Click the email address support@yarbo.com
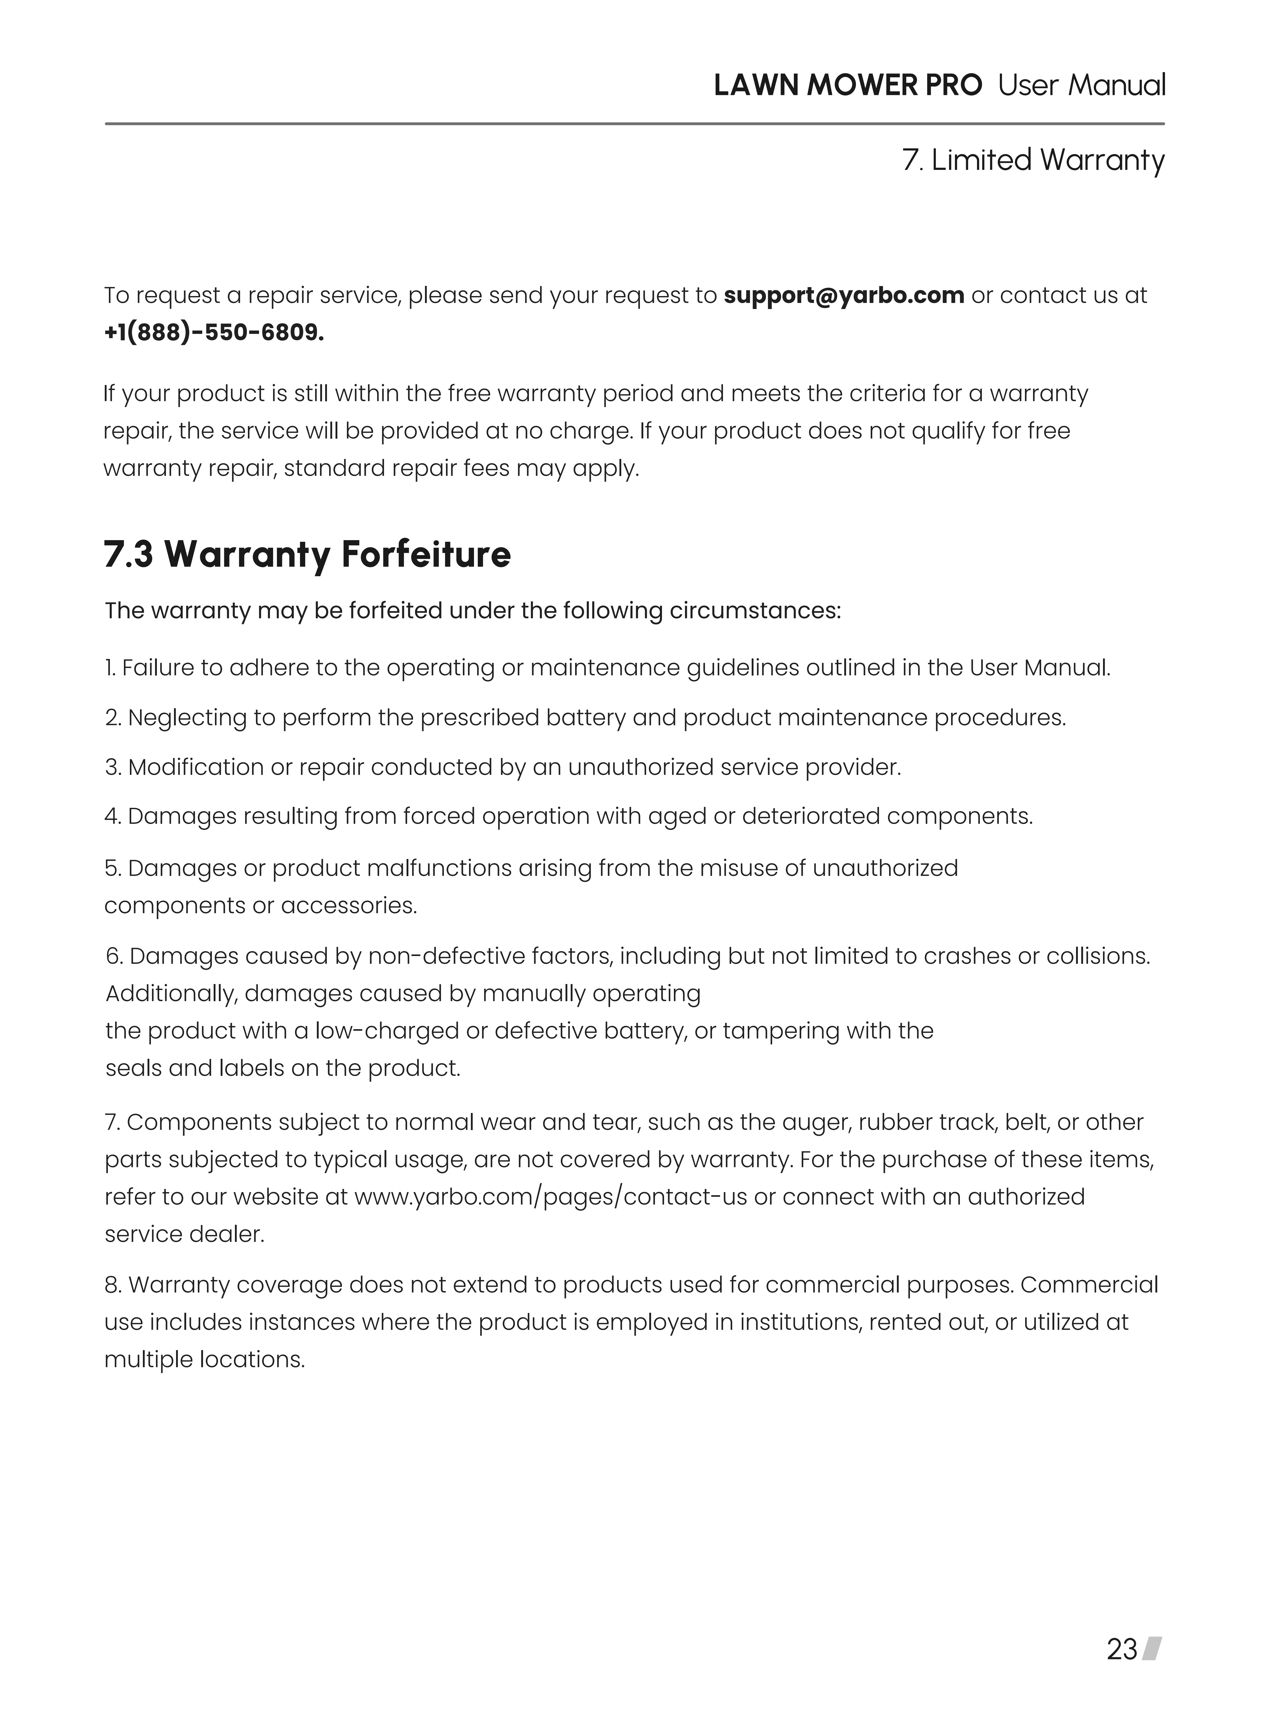click(x=843, y=295)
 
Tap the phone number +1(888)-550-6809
click(x=214, y=333)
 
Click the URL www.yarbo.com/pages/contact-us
click(x=550, y=1197)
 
